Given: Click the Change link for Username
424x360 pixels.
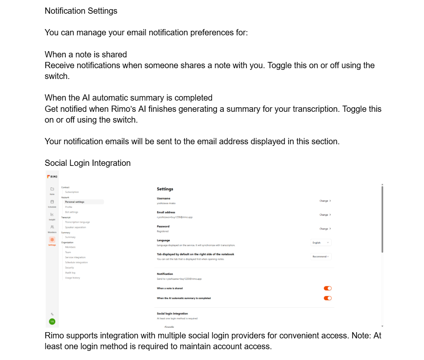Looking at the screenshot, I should [x=325, y=201].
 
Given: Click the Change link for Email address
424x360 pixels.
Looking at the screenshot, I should [x=325, y=215].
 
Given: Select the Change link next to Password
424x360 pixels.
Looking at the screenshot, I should [x=325, y=229].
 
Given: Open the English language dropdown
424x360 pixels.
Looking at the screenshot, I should [x=321, y=242].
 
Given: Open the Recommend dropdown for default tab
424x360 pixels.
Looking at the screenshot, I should [x=321, y=256].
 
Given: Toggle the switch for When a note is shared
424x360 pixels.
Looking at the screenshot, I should [x=328, y=288].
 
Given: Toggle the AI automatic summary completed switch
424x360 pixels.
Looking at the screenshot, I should [x=328, y=298].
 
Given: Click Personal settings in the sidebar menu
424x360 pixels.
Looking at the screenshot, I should [x=75, y=202].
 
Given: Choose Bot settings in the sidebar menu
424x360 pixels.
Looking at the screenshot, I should [x=71, y=212].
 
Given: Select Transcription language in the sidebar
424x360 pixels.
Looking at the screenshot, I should [x=77, y=222].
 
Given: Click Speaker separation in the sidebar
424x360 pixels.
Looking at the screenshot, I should [x=76, y=227].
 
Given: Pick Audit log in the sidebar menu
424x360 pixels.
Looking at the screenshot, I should [x=70, y=273].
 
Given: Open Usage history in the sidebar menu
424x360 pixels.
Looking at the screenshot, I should [x=73, y=278].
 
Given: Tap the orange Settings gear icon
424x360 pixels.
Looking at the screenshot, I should [x=52, y=240].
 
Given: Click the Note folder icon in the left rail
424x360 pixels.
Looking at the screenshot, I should [x=52, y=189].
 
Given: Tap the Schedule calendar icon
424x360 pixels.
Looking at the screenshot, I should [x=52, y=202].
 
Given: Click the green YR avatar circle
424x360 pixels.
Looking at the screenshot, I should [x=52, y=321].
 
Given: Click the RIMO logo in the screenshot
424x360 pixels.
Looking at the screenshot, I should [x=52, y=177].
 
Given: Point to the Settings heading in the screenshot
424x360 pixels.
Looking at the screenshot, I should [x=165, y=189].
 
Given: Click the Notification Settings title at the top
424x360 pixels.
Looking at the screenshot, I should [x=81, y=11].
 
